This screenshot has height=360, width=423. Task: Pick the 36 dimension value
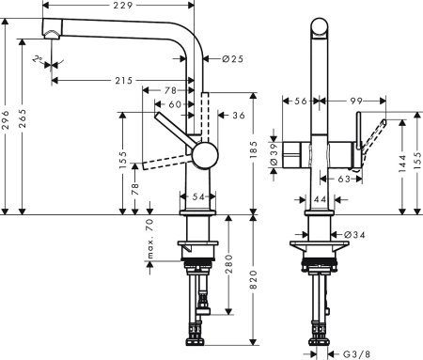238,116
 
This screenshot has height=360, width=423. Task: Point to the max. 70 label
149,239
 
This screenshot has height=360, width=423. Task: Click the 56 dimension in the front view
302,100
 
